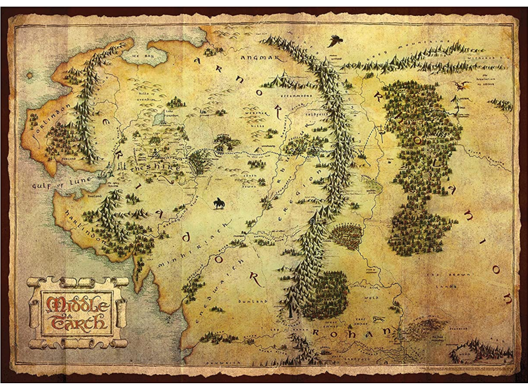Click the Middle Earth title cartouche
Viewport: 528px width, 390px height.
click(77, 311)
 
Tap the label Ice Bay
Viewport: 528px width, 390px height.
click(143, 57)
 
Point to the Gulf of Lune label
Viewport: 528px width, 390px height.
click(52, 182)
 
